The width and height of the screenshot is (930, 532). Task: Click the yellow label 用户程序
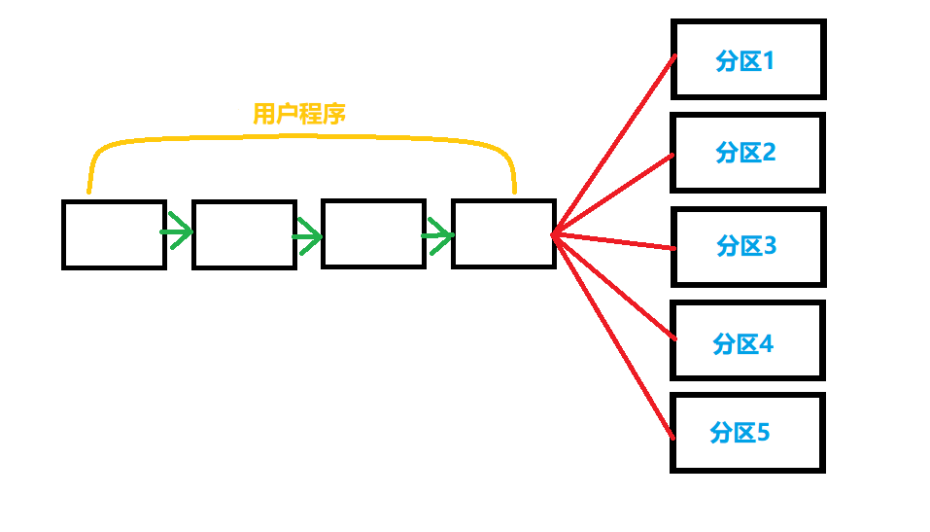pyautogui.click(x=299, y=115)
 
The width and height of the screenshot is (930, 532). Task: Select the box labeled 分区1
pyautogui.click(x=747, y=59)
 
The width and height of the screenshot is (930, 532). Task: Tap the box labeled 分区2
pyautogui.click(x=747, y=152)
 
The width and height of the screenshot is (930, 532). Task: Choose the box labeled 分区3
pyautogui.click(x=747, y=246)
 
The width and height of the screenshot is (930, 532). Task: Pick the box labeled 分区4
pyautogui.click(x=747, y=340)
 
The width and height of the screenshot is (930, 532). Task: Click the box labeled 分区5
pyautogui.click(x=747, y=433)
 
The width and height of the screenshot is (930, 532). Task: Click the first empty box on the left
pyautogui.click(x=114, y=233)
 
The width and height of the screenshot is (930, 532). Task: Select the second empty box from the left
pyautogui.click(x=244, y=233)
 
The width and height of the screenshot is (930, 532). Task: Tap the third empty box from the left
pyautogui.click(x=373, y=233)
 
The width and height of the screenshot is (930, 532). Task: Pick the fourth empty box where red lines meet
pyautogui.click(x=503, y=233)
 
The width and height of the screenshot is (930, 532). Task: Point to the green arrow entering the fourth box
pyautogui.click(x=438, y=234)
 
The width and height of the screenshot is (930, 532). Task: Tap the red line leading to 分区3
pyautogui.click(x=612, y=241)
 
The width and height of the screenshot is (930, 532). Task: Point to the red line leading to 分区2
pyautogui.click(x=612, y=195)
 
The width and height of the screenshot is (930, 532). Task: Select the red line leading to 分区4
pyautogui.click(x=612, y=285)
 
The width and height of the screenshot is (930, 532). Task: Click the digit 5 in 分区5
pyautogui.click(x=763, y=432)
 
